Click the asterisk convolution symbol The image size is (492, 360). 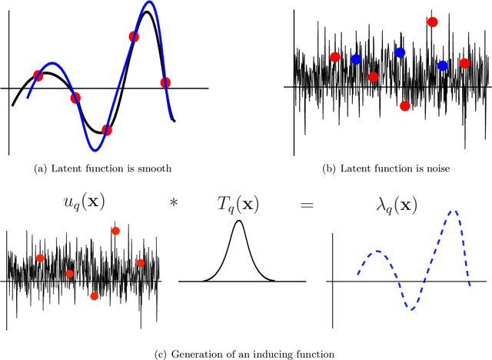point(173,202)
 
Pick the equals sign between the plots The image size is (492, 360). point(306,202)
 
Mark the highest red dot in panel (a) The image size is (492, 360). point(134,36)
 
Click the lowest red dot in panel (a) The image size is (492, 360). point(107,130)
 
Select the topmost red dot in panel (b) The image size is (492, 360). point(432,22)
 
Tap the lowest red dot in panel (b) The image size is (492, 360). point(405,106)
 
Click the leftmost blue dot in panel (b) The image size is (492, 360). point(356,59)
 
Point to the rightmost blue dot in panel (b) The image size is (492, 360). point(443,66)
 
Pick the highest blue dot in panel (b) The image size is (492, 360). point(400,52)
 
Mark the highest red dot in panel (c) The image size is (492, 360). point(115,230)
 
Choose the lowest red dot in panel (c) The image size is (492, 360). point(95,295)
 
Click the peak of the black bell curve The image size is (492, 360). point(239,222)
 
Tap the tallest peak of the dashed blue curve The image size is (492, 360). point(454,212)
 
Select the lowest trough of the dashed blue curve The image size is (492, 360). point(412,309)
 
